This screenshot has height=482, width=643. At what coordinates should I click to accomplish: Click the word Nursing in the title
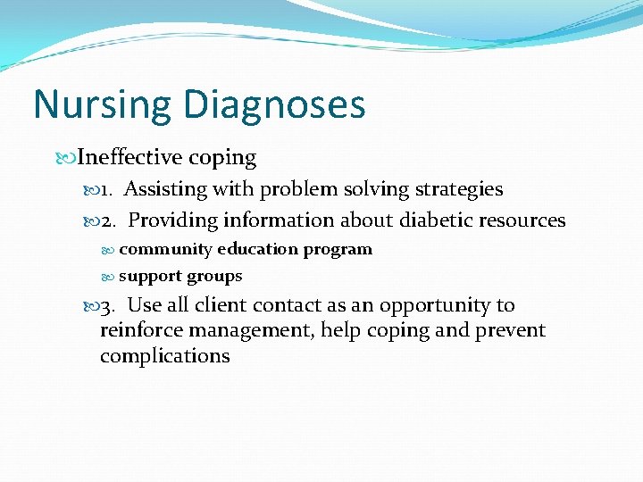[102, 104]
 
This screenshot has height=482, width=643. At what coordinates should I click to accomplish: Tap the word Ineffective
[129, 159]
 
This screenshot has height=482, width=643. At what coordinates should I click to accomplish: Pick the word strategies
[456, 189]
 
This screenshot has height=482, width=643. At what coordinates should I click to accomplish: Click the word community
[165, 249]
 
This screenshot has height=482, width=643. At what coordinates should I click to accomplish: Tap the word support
[147, 276]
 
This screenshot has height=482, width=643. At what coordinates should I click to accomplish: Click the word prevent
[513, 330]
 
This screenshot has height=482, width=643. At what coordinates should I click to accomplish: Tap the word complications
[164, 355]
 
